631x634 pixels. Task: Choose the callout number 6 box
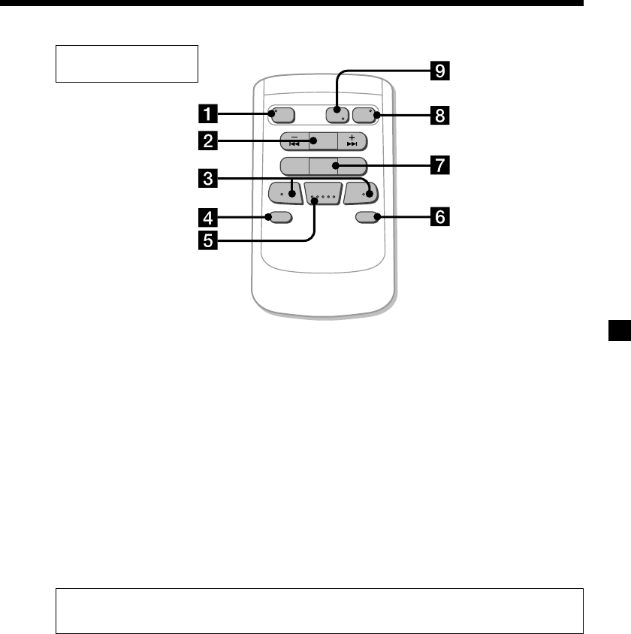click(439, 218)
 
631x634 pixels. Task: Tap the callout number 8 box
click(439, 116)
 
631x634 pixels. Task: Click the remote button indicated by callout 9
click(336, 115)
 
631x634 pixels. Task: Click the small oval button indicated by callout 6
click(367, 218)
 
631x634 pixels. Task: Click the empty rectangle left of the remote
click(127, 63)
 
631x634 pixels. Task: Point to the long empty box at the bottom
click(320, 611)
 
